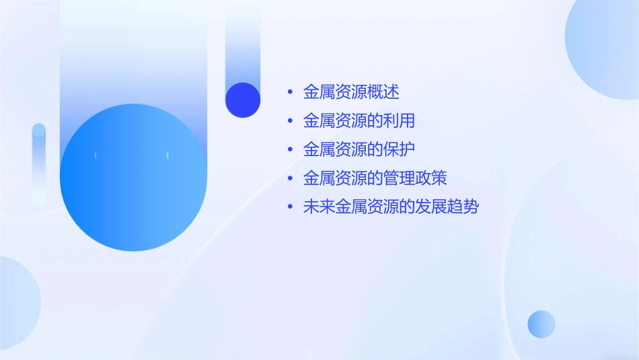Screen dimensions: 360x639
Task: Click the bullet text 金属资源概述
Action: tap(351, 92)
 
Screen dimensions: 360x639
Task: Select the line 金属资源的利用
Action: tap(359, 121)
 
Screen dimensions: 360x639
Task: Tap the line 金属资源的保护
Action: tap(359, 149)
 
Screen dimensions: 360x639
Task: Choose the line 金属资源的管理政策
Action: tap(375, 178)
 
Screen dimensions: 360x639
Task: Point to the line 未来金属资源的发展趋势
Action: tap(391, 207)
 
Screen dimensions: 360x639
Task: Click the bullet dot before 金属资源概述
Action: tap(290, 92)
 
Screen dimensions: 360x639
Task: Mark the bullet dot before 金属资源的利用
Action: tap(290, 121)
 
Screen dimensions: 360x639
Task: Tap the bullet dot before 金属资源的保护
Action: tap(290, 149)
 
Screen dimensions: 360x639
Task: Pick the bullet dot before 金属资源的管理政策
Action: tap(290, 178)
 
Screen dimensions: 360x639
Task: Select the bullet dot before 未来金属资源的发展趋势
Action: tap(290, 207)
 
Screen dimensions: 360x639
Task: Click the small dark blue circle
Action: tap(243, 100)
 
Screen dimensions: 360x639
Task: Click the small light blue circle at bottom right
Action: tap(541, 324)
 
